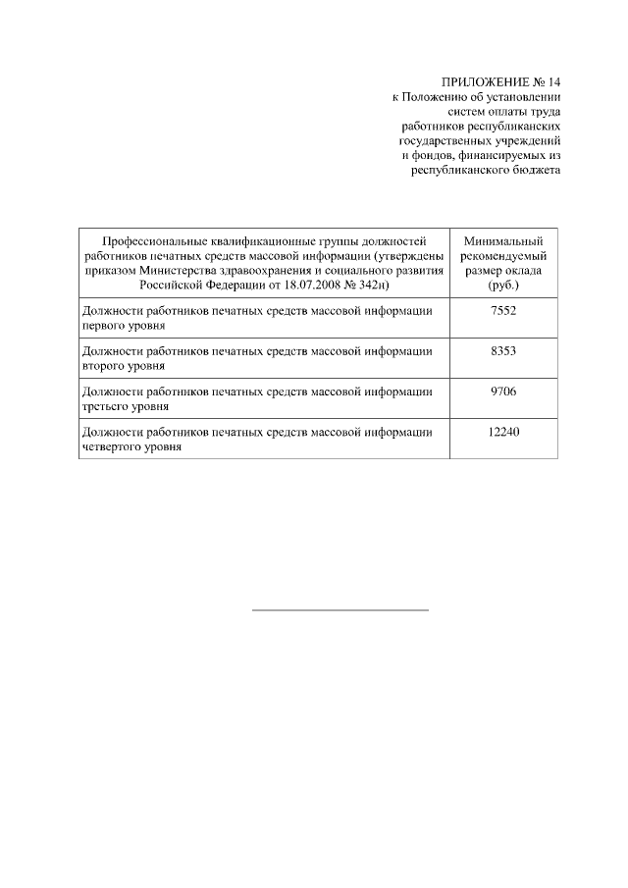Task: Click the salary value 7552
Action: coord(502,310)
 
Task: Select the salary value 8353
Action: coord(502,350)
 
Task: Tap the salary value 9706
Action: coord(502,392)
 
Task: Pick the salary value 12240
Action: coord(502,432)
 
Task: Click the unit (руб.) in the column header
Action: coord(502,284)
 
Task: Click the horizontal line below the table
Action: coord(340,610)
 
